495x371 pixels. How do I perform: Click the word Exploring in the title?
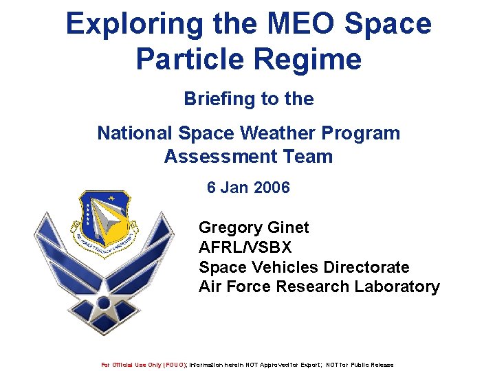[128, 24]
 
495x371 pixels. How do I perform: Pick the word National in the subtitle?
[135, 133]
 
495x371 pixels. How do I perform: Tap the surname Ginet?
[289, 227]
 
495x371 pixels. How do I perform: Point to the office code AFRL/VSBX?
[245, 247]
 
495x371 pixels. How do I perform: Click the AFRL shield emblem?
[104, 223]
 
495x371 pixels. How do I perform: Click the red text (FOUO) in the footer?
[175, 365]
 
